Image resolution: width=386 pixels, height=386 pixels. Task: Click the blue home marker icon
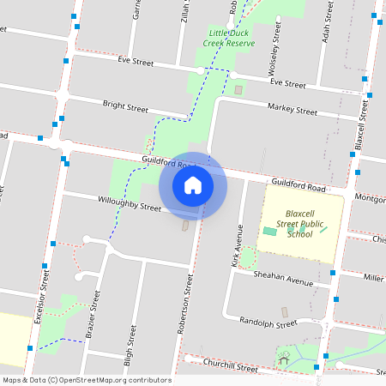(x=193, y=185)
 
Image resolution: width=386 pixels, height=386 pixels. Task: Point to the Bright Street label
(x=125, y=107)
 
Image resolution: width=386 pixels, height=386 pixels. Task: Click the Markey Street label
(x=292, y=109)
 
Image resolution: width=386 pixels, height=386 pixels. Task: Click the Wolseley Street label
(x=276, y=51)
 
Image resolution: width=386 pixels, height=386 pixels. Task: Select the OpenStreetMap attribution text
(x=87, y=380)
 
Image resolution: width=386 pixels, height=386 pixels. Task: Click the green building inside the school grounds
(x=270, y=232)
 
